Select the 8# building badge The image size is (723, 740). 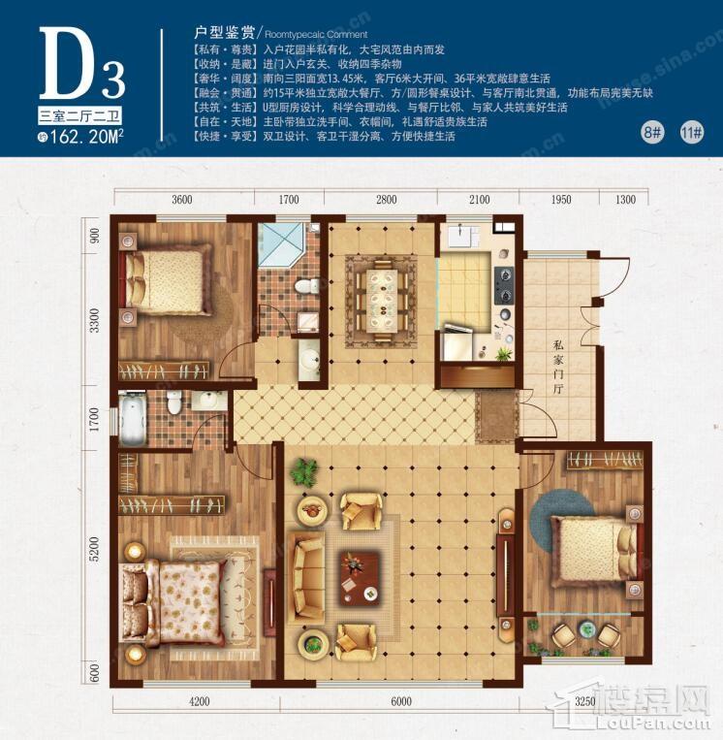(x=653, y=132)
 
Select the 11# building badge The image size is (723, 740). (x=691, y=132)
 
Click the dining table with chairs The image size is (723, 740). (x=382, y=297)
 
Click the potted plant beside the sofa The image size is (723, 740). (x=304, y=472)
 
